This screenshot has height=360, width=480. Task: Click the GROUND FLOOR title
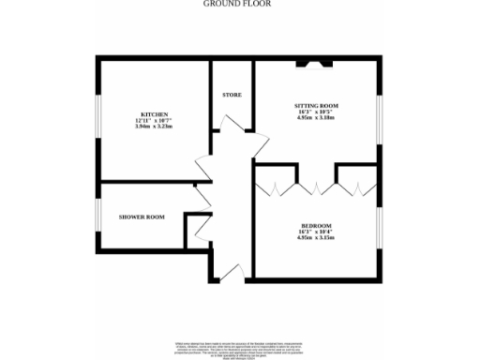pyautogui.click(x=239, y=4)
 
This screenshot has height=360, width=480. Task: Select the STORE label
pyautogui.click(x=232, y=95)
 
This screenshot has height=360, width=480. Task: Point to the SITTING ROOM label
pyautogui.click(x=316, y=105)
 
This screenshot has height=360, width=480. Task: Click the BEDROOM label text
pyautogui.click(x=316, y=226)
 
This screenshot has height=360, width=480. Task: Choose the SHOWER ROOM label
pyautogui.click(x=142, y=217)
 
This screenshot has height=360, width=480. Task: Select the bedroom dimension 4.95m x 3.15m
pyautogui.click(x=316, y=239)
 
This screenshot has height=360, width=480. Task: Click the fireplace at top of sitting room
pyautogui.click(x=313, y=64)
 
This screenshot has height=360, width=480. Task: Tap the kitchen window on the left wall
pyautogui.click(x=98, y=119)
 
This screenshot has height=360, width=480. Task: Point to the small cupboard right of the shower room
pyautogui.click(x=198, y=230)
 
